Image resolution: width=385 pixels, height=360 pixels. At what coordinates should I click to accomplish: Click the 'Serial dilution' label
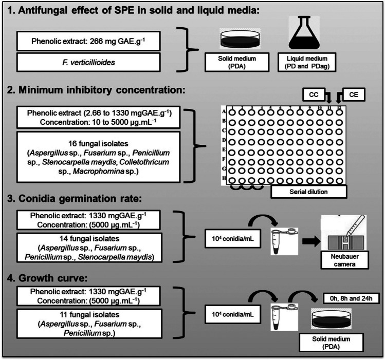pos(308,192)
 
